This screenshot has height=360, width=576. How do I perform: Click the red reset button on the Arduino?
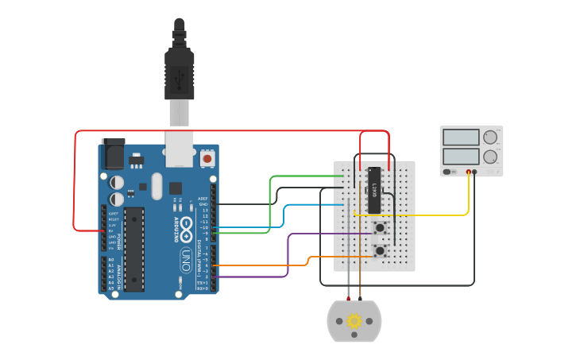(x=207, y=159)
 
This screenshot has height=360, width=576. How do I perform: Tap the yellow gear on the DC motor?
(x=354, y=320)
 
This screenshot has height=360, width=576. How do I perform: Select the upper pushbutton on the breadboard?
(x=380, y=227)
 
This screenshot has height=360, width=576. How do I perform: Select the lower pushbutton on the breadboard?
(x=380, y=250)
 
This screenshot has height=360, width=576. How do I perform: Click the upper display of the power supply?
(x=461, y=137)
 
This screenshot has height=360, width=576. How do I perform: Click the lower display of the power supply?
(x=461, y=156)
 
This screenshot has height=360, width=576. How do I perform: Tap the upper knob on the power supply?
(x=490, y=137)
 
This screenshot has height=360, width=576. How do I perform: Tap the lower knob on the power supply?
(x=490, y=157)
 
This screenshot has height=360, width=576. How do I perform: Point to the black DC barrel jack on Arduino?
(x=113, y=153)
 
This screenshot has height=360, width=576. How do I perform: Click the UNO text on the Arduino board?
(x=184, y=257)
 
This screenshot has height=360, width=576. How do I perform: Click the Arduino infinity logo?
(x=185, y=226)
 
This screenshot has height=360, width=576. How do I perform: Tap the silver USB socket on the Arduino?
(x=180, y=148)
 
